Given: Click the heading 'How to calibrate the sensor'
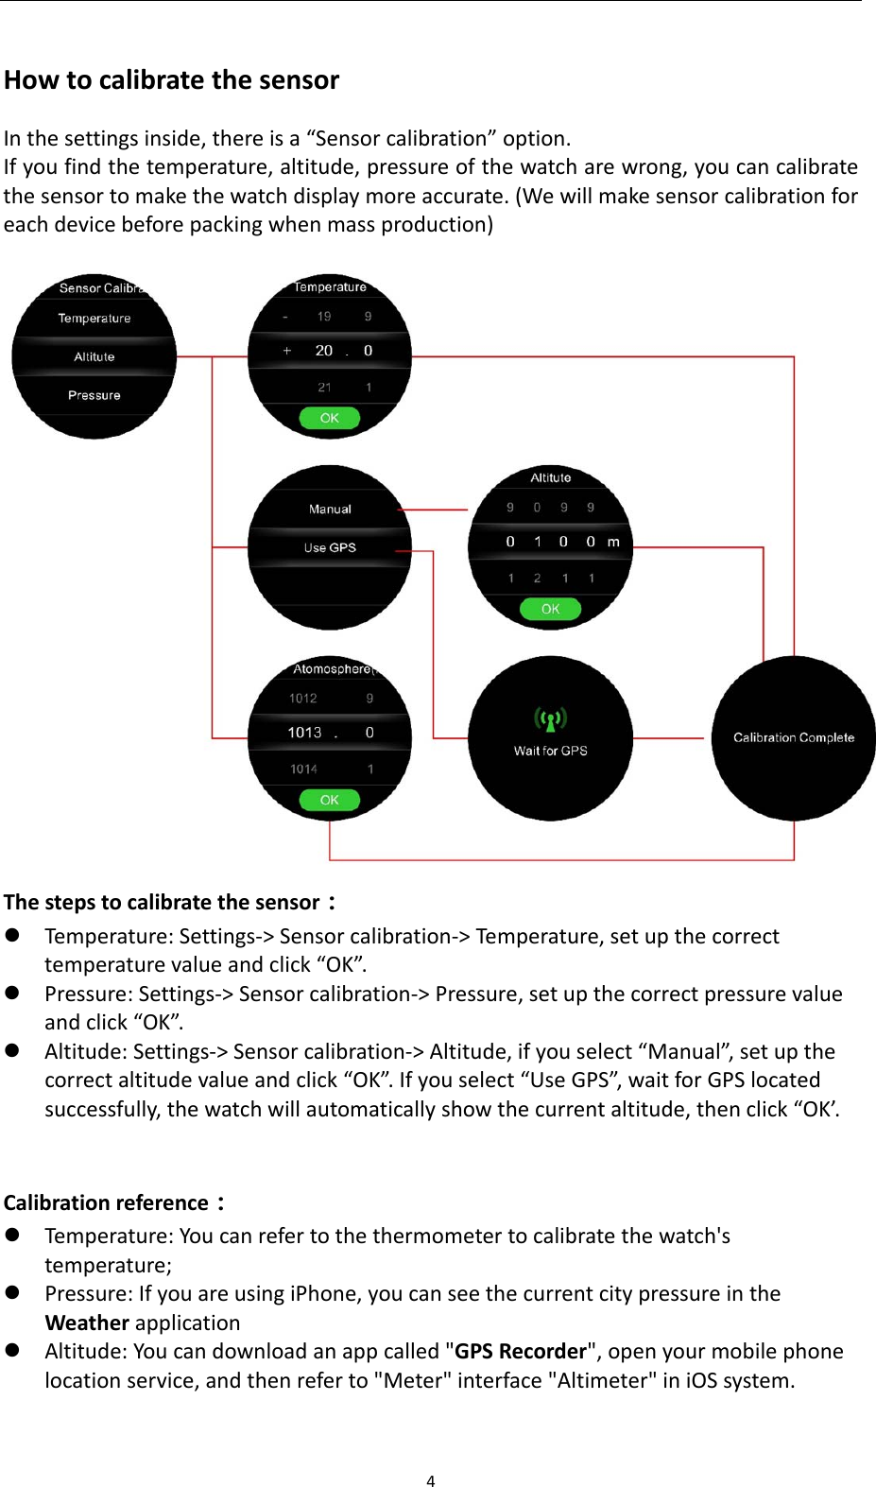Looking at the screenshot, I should (171, 80).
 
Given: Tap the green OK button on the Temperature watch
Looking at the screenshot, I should (329, 418).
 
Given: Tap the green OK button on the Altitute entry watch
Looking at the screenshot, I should (550, 609).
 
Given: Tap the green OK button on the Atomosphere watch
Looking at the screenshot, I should (329, 800).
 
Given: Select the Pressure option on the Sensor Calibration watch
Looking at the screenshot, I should (94, 395).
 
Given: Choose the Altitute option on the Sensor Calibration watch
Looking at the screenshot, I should (94, 356).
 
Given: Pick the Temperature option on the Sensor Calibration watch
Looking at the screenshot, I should (94, 319).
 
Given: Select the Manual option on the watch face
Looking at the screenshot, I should (330, 509).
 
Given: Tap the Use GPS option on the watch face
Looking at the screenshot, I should (330, 547).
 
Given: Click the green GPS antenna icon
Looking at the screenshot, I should (550, 719).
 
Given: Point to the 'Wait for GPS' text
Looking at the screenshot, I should (550, 751).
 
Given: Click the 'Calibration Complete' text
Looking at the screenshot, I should (794, 737).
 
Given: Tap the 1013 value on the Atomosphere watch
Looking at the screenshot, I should (304, 733).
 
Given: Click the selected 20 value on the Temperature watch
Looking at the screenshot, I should (323, 351).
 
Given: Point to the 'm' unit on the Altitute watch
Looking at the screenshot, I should (613, 542).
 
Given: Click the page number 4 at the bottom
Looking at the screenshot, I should (431, 1480).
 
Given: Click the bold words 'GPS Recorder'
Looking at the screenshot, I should (521, 1351).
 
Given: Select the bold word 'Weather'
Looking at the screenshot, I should (87, 1323).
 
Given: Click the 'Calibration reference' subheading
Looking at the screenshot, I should (106, 1202).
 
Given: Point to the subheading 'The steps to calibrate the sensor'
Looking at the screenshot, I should (162, 902).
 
